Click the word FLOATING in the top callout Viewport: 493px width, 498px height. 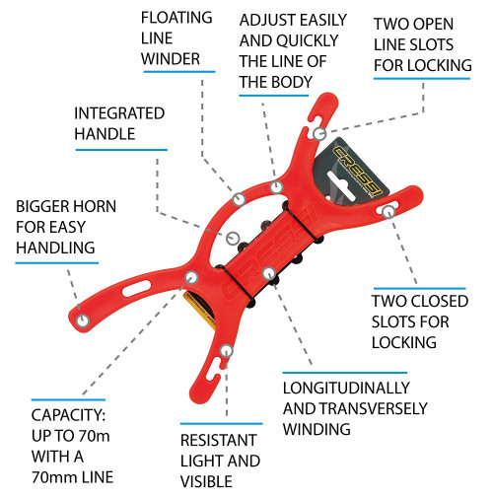coord(176,18)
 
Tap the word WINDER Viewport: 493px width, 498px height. coord(171,59)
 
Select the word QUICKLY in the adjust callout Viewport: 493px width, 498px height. coord(308,40)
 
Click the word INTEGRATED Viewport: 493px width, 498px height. coord(119,113)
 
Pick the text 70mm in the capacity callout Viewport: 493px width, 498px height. coord(52,477)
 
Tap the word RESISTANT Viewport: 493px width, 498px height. coord(218,440)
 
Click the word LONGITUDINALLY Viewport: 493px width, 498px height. coord(346,389)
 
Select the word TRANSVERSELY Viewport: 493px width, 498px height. coord(374,408)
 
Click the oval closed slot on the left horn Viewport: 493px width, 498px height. coord(137,288)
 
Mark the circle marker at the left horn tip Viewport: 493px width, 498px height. coord(83,320)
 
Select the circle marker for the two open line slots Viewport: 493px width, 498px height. coord(319,134)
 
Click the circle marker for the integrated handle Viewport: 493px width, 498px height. coord(233,238)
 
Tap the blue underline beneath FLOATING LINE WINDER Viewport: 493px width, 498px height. coord(179,71)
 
